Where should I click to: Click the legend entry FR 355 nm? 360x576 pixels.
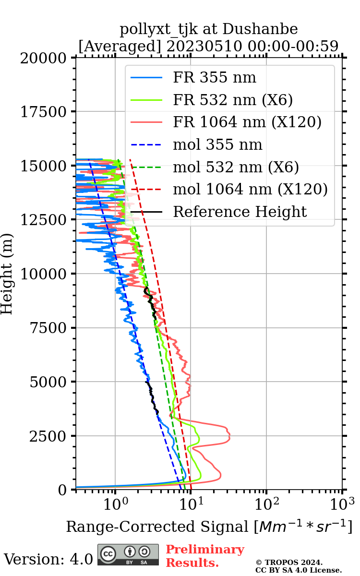[x=215, y=78]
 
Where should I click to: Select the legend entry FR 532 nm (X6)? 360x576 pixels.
[x=233, y=100]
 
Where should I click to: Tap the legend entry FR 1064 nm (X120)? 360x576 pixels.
[x=247, y=122]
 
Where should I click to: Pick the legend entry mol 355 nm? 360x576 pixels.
[x=217, y=144]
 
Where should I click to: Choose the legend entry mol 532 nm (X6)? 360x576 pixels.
[x=236, y=167]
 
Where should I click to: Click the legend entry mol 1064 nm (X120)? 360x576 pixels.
[x=250, y=189]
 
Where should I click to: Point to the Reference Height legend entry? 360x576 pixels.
[x=240, y=212]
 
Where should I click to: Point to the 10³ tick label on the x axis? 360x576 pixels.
[x=342, y=504]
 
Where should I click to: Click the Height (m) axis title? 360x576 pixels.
[x=7, y=274]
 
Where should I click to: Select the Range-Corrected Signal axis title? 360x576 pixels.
[x=209, y=527]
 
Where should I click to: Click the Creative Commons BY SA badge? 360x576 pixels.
[x=128, y=555]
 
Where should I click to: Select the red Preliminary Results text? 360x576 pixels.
[x=205, y=556]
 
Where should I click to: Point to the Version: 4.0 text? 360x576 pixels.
[x=48, y=559]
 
